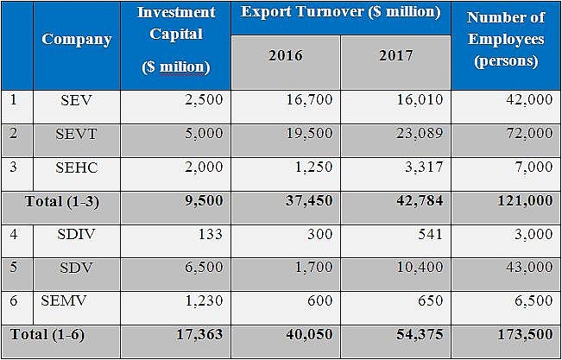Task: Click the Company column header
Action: coord(77,40)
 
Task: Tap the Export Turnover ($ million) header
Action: coord(340,13)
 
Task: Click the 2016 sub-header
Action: coord(286,56)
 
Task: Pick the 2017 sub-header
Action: coord(395,56)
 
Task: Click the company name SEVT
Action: coord(77,133)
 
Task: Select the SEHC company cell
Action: coord(77,167)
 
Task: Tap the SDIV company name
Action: coord(77,233)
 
